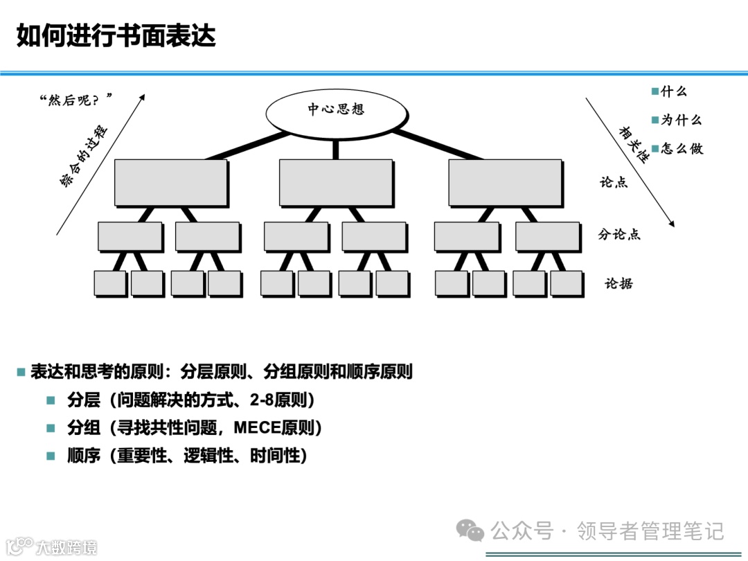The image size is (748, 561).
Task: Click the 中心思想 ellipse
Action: [336, 109]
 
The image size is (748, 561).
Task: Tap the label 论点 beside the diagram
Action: [614, 182]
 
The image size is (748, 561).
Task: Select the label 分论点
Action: [619, 234]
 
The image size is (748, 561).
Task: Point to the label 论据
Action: [618, 283]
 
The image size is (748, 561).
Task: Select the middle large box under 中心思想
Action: [336, 182]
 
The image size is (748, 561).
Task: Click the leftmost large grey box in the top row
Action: [170, 182]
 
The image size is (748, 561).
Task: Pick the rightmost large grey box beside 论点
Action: [505, 182]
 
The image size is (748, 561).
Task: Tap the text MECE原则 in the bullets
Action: [273, 427]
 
